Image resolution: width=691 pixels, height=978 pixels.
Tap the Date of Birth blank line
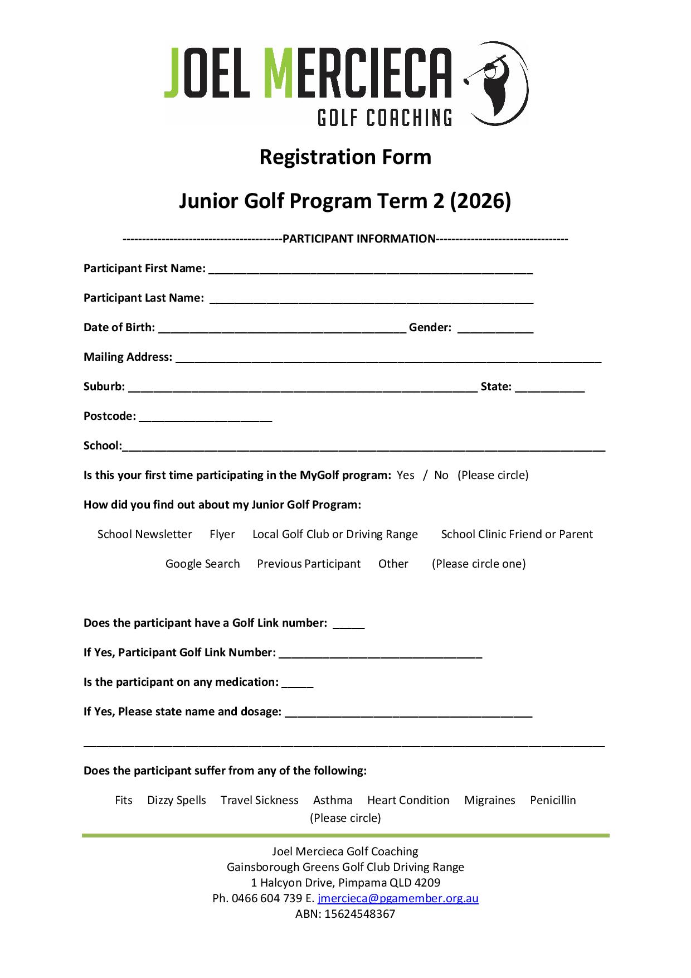click(x=282, y=328)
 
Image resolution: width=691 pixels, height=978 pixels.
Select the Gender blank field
click(x=495, y=328)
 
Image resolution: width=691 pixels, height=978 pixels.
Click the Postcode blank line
click(x=205, y=417)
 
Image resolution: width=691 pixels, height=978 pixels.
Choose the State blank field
click(x=549, y=388)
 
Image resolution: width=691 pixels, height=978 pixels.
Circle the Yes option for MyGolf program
click(x=405, y=475)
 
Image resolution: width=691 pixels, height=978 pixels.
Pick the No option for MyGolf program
click(x=441, y=475)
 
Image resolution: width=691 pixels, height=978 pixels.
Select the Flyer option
click(x=222, y=534)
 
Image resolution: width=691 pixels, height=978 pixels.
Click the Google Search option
click(x=202, y=564)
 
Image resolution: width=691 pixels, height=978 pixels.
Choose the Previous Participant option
click(x=309, y=564)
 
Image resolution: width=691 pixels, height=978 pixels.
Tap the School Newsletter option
click(x=144, y=534)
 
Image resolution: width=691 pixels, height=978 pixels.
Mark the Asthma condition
click(x=333, y=800)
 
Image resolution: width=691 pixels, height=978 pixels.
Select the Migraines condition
click(x=490, y=800)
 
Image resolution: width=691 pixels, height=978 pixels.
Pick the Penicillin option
click(x=553, y=800)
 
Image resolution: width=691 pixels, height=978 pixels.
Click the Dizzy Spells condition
click(x=176, y=800)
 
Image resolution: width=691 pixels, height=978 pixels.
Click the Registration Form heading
click(x=345, y=157)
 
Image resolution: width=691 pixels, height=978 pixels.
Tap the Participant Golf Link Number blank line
click(x=380, y=653)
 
